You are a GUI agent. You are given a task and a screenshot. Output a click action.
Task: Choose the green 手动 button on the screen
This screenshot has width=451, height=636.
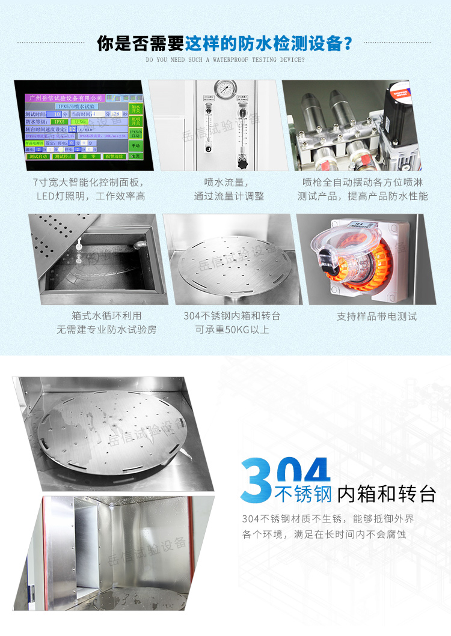(x=135, y=146)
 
